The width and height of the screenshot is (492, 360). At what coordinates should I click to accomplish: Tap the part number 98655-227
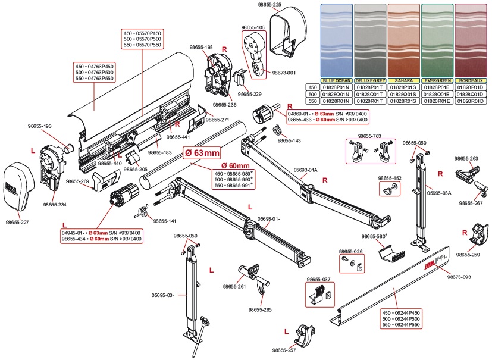(x=17, y=222)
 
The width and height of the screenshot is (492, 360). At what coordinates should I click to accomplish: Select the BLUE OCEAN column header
(x=337, y=80)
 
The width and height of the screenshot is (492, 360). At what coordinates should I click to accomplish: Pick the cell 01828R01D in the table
(x=471, y=101)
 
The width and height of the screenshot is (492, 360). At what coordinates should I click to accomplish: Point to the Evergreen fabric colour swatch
(x=438, y=39)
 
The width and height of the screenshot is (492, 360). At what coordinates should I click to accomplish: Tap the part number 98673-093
(x=459, y=277)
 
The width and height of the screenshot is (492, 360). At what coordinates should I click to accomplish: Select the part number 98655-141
(x=165, y=221)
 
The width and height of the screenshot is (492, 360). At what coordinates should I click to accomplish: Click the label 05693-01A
(x=306, y=169)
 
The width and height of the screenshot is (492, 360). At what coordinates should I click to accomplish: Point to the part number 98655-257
(x=284, y=350)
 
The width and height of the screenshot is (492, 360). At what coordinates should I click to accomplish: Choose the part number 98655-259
(x=468, y=255)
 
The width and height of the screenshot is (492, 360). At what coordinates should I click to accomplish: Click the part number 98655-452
(x=390, y=178)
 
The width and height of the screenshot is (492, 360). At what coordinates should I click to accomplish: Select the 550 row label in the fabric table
(x=312, y=101)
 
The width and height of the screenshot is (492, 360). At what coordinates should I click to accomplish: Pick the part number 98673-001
(x=284, y=73)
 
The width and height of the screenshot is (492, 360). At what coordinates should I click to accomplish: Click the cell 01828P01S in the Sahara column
(x=403, y=86)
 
